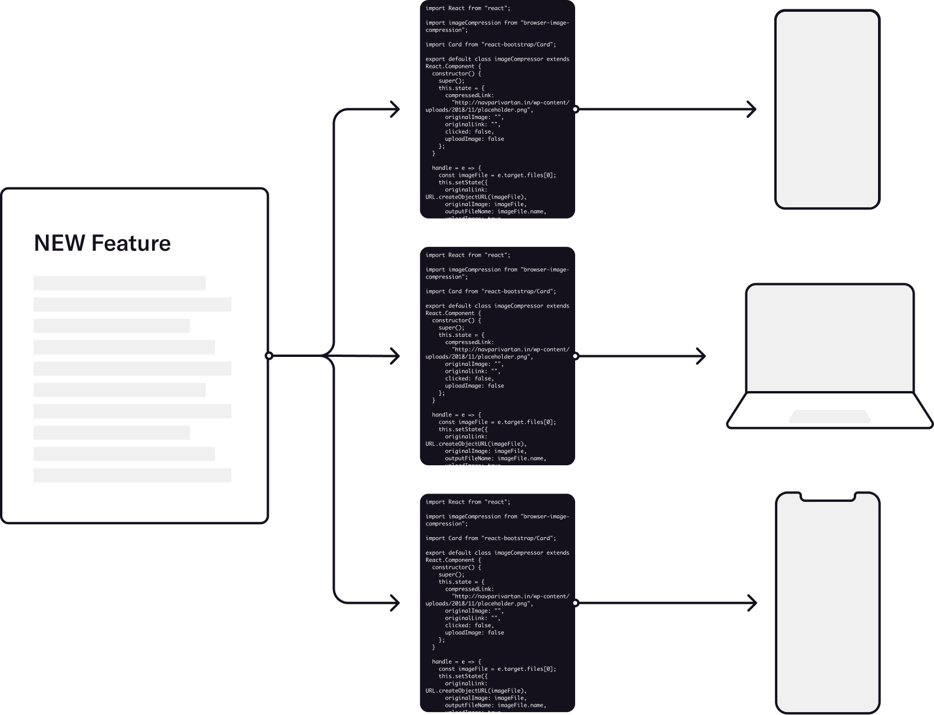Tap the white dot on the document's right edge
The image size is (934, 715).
[x=269, y=356]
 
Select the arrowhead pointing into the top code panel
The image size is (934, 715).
[x=396, y=109]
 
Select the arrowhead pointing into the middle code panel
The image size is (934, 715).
[x=396, y=356]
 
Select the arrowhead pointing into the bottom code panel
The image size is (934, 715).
[x=396, y=603]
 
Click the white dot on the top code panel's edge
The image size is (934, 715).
[x=575, y=109]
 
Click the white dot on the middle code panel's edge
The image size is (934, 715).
[x=575, y=356]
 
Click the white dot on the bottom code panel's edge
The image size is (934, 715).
[x=575, y=603]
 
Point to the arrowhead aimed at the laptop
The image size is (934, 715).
[x=702, y=356]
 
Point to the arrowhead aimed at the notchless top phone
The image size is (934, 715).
[x=753, y=109]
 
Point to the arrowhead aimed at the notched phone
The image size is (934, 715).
[x=753, y=603]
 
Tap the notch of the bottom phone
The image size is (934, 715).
[x=827, y=497]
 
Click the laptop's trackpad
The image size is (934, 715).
[x=830, y=416]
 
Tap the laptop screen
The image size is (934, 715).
[x=830, y=339]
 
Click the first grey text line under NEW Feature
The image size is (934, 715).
[x=120, y=283]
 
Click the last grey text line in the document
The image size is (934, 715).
[x=132, y=475]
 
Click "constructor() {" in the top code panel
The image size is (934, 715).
[x=456, y=74]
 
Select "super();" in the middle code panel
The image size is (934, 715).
[x=451, y=327]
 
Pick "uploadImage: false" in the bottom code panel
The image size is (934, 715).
[x=474, y=633]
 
